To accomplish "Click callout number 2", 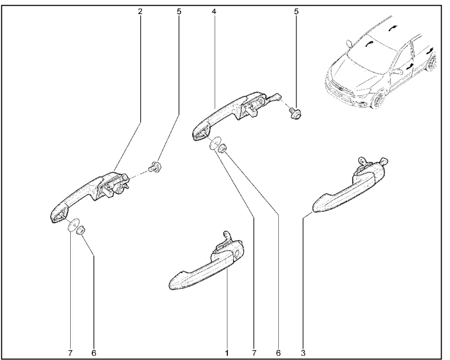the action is [140, 12].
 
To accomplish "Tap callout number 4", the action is [214, 12].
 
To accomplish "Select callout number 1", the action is [227, 353].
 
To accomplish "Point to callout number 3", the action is [303, 353].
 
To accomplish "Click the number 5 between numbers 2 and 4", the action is [179, 12].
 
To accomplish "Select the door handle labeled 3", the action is [350, 186].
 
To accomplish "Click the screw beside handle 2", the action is [155, 167].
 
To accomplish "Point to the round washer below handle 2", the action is [73, 224].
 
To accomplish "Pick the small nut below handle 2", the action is [81, 230].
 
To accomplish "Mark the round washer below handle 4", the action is [215, 143].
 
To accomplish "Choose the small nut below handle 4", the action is [223, 148].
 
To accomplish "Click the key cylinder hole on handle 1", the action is [238, 253].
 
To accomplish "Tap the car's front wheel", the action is [378, 101].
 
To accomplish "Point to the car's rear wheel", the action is [432, 63].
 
